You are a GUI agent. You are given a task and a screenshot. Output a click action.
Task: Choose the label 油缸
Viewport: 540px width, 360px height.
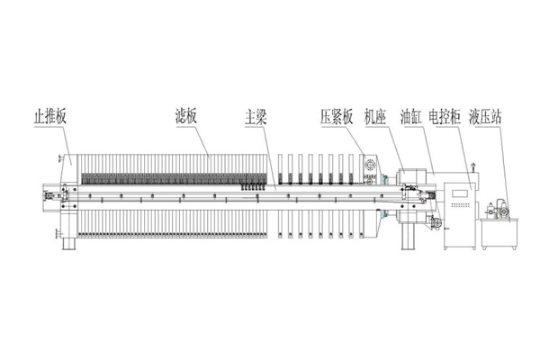pos(414,117)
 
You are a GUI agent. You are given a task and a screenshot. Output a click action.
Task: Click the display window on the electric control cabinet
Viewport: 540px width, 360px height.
pos(458,192)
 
